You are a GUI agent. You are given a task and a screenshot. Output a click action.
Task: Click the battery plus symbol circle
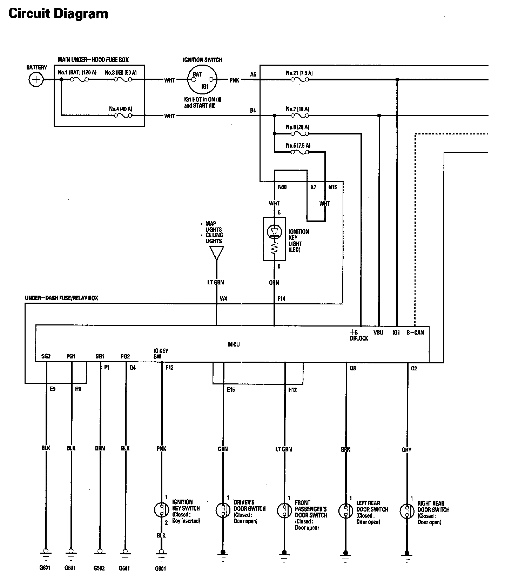[35, 79]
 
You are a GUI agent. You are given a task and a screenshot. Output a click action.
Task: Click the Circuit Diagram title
[58, 14]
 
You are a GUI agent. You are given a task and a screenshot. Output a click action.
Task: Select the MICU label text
[234, 344]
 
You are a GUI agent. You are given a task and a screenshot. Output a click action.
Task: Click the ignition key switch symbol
[162, 510]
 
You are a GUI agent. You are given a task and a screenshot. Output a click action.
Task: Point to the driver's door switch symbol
[223, 510]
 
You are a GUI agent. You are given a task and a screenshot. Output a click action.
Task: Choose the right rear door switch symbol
[407, 511]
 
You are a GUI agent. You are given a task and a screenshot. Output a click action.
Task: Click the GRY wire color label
[407, 450]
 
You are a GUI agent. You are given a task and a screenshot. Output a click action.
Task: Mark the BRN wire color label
[100, 448]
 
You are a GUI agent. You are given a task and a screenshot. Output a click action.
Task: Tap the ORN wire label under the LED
[274, 282]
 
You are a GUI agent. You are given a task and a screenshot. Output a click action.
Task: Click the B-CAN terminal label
[415, 332]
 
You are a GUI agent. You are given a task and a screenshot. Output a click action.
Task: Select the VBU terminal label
[378, 332]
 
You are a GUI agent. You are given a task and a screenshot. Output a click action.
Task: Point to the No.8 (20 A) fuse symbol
[302, 133]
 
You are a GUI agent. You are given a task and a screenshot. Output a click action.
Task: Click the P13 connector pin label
[169, 368]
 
